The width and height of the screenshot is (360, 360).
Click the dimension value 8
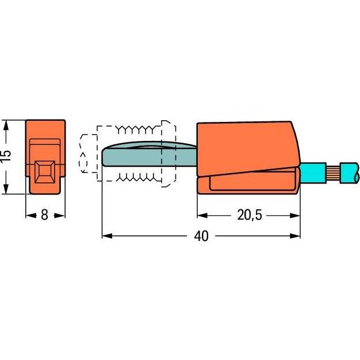(45, 216)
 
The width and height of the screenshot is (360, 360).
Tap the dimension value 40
(201, 236)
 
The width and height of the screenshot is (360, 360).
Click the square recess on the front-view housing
(45, 171)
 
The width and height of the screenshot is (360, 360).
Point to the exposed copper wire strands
(331, 172)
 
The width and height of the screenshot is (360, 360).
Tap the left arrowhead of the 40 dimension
(106, 236)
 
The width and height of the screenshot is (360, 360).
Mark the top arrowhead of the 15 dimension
(6, 125)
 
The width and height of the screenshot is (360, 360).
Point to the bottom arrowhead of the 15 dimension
(6, 190)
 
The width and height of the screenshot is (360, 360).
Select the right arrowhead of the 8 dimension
(62, 216)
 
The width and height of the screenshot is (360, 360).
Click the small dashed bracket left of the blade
(85, 154)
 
